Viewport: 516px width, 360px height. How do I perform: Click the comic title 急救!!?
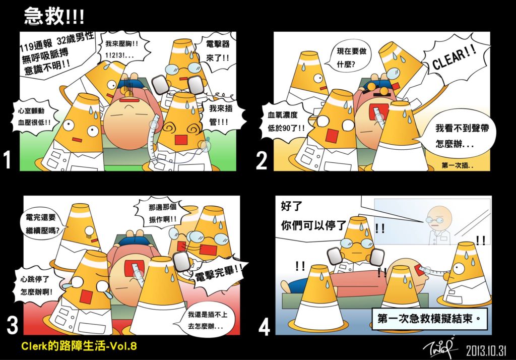[x=54, y=16]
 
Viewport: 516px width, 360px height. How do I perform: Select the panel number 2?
[x=262, y=160]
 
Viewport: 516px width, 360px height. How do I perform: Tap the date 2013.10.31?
[x=486, y=350]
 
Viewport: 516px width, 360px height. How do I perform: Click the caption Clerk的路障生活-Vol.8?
[x=79, y=346]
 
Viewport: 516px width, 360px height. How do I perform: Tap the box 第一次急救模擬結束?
[x=429, y=319]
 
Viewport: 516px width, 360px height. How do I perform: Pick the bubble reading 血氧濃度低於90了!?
[x=286, y=121]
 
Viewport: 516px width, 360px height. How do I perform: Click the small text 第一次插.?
[x=458, y=165]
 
